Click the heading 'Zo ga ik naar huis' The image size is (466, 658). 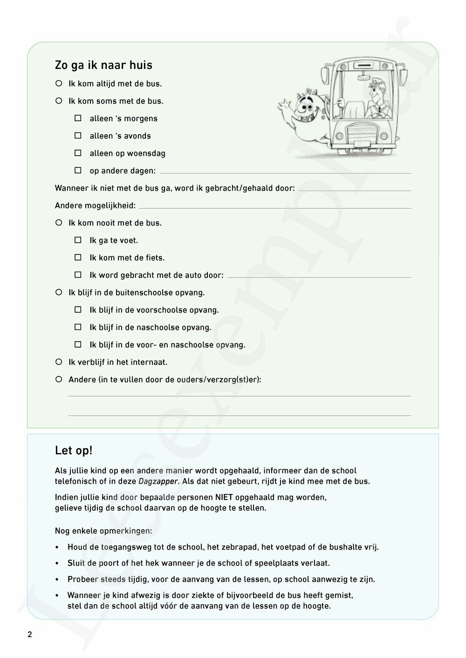(x=103, y=65)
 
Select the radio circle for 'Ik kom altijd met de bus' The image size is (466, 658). (x=59, y=83)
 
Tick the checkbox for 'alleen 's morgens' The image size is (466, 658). (x=78, y=118)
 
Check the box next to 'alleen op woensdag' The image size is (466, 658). (x=78, y=153)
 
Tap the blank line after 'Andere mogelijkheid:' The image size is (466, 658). (x=275, y=206)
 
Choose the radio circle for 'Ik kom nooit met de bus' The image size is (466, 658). (x=59, y=223)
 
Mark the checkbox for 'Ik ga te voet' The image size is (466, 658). (x=78, y=240)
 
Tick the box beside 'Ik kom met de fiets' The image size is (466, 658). (x=78, y=257)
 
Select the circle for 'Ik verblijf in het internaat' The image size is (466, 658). (x=59, y=362)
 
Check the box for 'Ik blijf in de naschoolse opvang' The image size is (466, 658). (x=78, y=327)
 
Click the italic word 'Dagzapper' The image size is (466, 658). (x=158, y=481)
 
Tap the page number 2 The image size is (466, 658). (x=30, y=635)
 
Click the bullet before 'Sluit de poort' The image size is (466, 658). (x=57, y=563)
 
